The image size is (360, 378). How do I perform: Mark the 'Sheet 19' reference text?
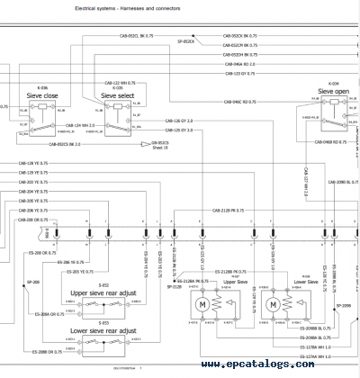(x=159, y=148)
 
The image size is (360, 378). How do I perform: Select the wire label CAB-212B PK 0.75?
(x=229, y=211)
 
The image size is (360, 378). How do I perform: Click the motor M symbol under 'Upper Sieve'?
(x=204, y=307)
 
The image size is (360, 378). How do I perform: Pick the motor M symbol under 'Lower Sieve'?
(x=273, y=307)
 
